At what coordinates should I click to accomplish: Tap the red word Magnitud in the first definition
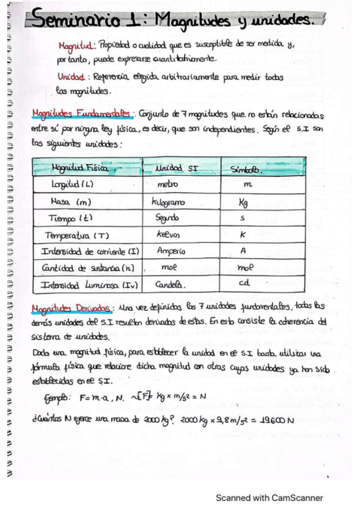click(x=76, y=46)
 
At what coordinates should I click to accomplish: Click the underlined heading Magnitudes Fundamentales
click(x=81, y=114)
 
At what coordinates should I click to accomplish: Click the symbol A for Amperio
click(x=243, y=251)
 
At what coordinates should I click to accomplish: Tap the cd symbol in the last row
click(x=244, y=283)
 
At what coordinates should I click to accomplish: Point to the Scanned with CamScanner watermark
click(x=269, y=498)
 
